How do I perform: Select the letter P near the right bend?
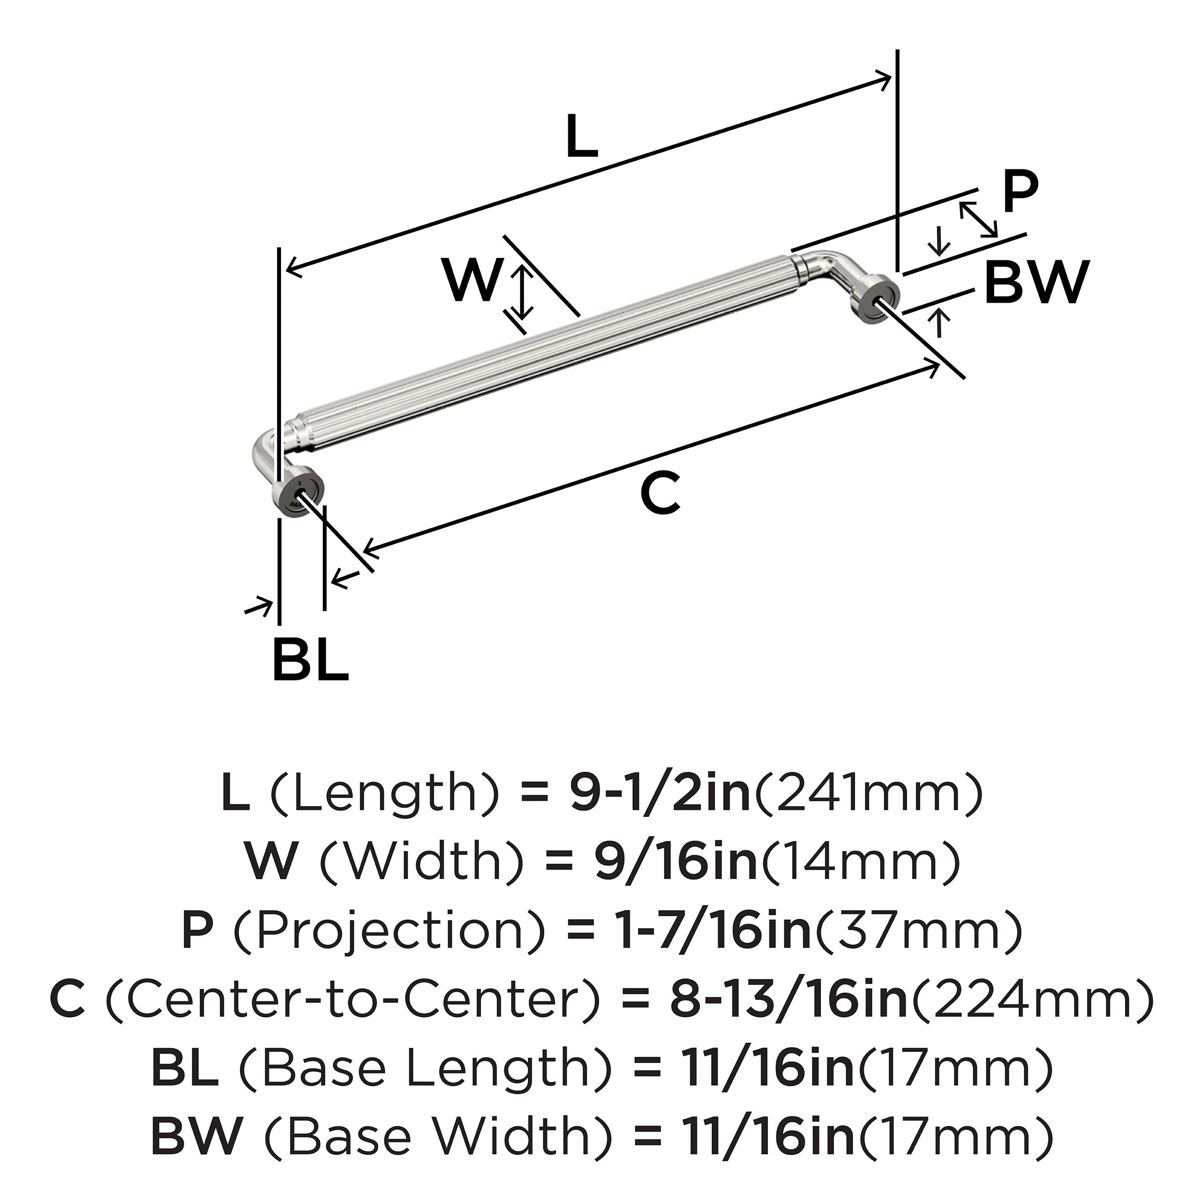click(1021, 193)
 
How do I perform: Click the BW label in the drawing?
click(1037, 282)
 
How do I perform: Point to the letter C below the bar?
click(661, 494)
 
